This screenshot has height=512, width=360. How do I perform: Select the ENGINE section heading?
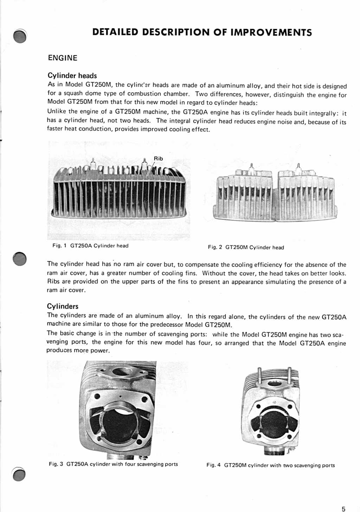tap(63, 58)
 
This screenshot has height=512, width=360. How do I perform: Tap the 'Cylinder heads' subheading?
tap(72, 76)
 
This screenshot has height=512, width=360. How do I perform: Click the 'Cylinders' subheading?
tap(63, 306)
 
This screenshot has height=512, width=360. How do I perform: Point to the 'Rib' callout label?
tap(159, 159)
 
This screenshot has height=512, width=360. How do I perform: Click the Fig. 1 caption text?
tap(90, 246)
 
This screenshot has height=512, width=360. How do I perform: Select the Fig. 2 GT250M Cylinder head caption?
tap(246, 247)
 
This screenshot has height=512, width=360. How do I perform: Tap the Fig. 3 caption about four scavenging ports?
tap(113, 464)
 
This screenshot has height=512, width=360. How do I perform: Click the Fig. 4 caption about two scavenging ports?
tap(270, 465)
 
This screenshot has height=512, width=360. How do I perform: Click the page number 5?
tap(343, 508)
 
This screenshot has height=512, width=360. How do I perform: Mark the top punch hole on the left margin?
tap(20, 36)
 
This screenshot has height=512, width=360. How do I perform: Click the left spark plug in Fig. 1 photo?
tap(94, 163)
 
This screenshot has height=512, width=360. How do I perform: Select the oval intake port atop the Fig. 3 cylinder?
tap(122, 371)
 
